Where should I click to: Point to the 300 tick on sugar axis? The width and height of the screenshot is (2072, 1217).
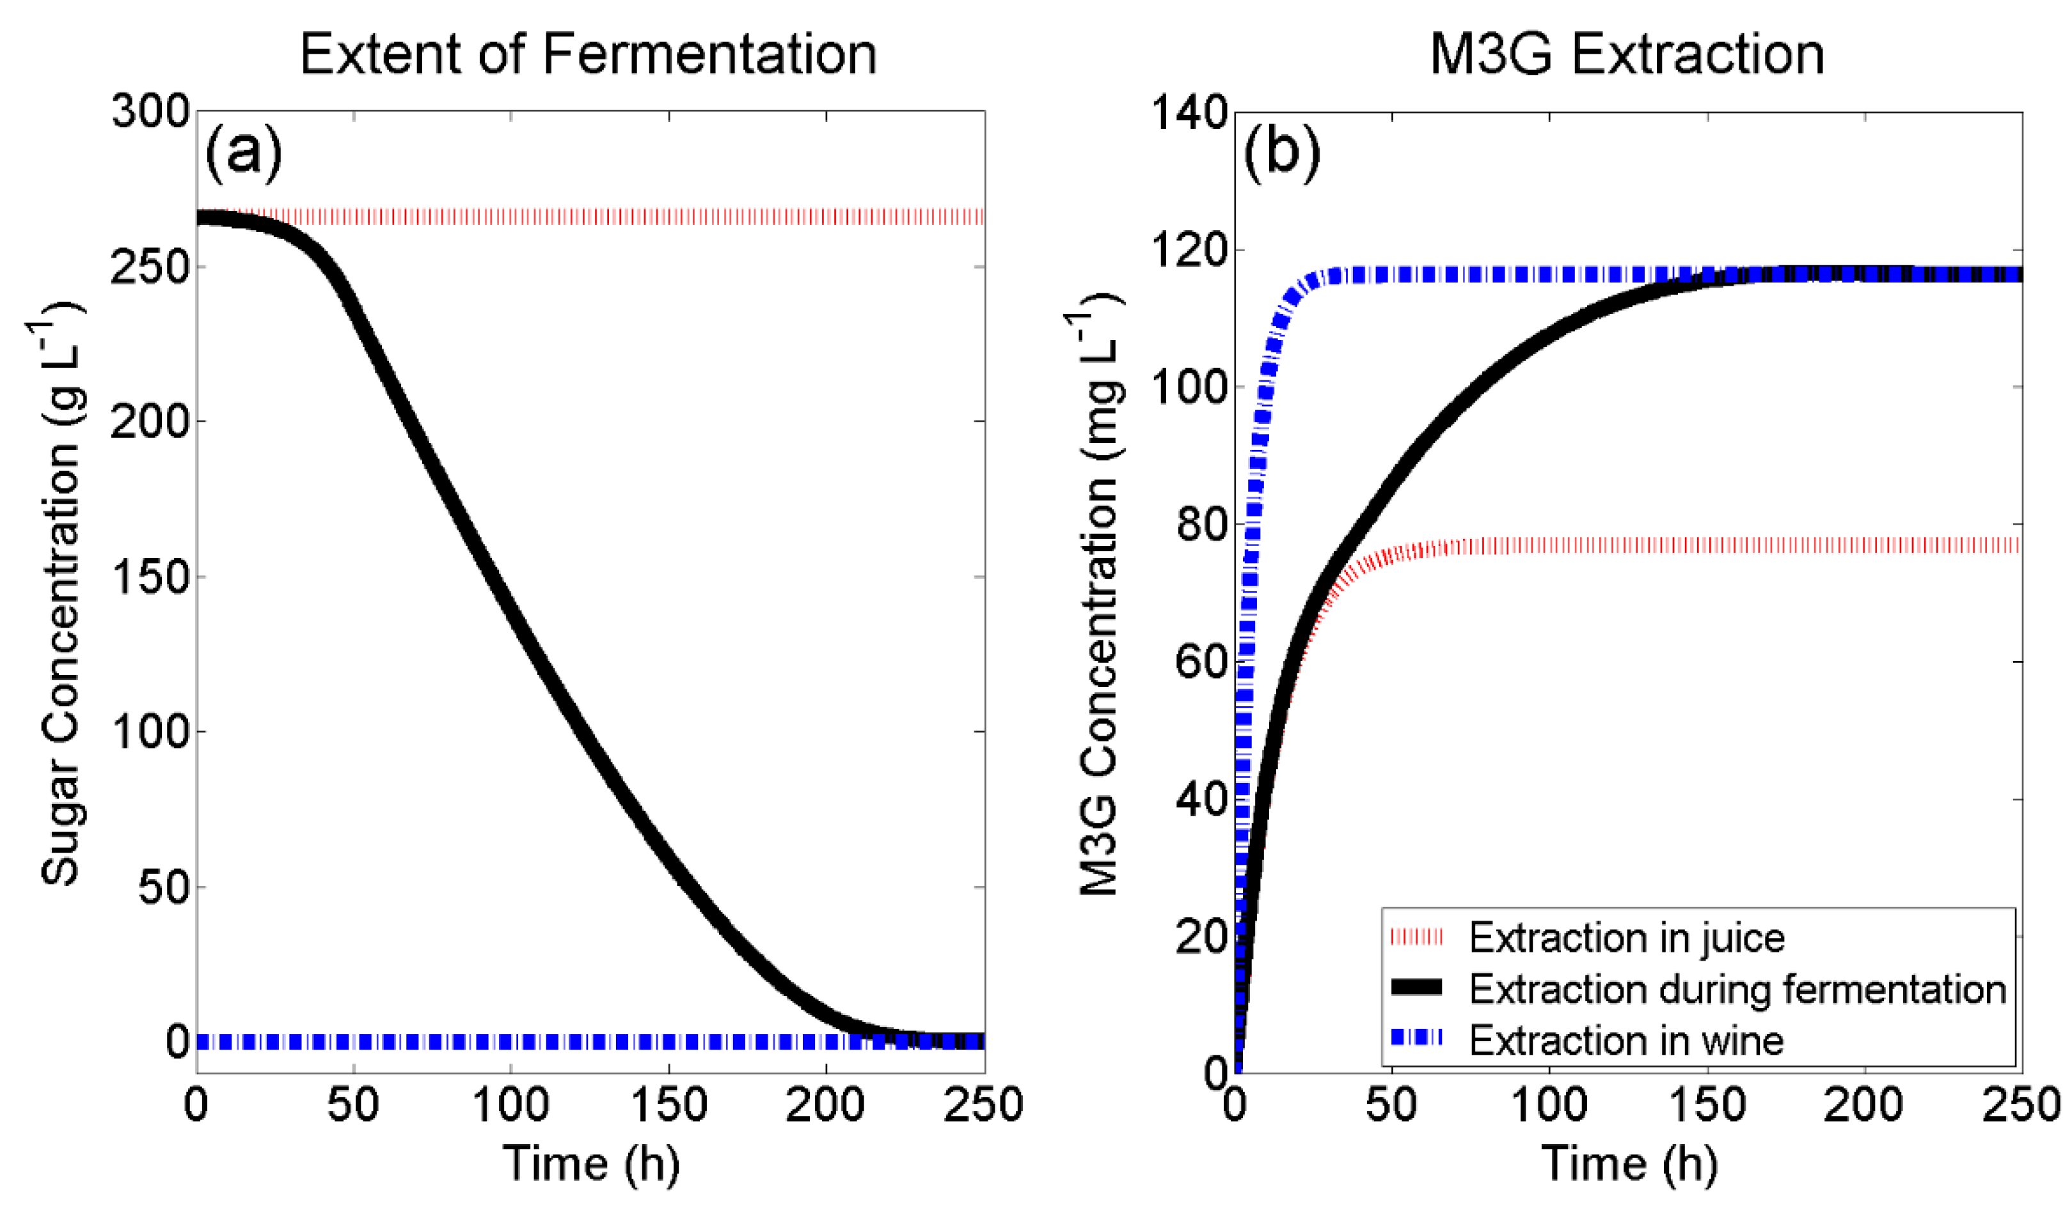[150, 111]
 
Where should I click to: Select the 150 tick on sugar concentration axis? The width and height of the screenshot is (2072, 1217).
[150, 577]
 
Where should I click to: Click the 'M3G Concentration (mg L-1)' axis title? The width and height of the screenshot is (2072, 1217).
[1098, 604]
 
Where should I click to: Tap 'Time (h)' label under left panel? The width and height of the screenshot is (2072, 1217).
[590, 1165]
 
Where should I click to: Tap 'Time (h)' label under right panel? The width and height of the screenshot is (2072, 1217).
[1629, 1165]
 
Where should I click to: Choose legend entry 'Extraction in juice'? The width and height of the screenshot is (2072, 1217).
[1626, 938]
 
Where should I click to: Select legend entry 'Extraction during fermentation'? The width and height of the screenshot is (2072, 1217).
[1737, 989]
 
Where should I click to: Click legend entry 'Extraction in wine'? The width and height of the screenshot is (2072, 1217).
[1625, 1041]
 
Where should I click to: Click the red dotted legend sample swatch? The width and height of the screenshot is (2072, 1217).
[1416, 938]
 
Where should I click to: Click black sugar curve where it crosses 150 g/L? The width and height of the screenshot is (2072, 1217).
[492, 577]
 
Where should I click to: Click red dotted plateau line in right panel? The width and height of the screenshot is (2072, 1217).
[1727, 545]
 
